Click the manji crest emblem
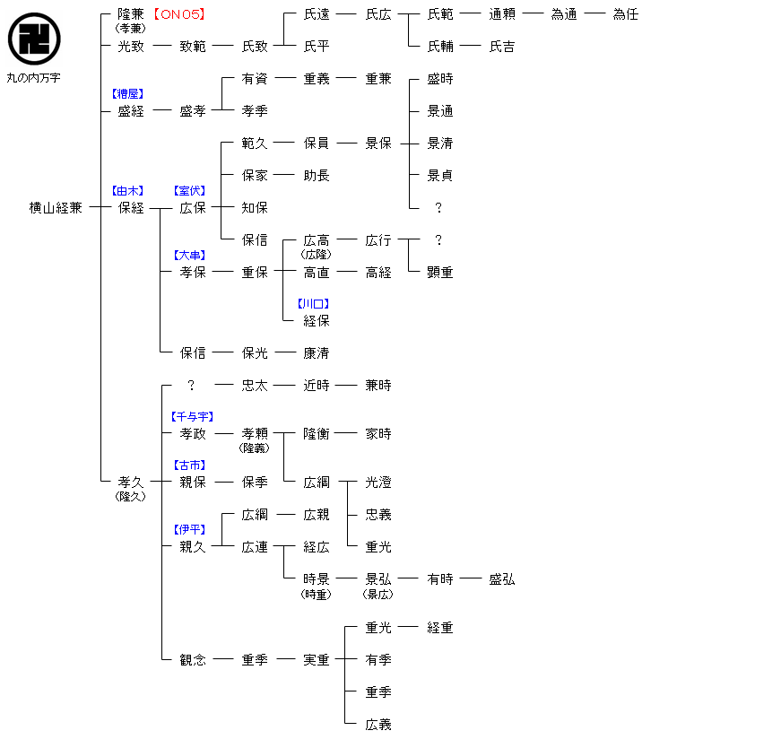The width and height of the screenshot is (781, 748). (34, 39)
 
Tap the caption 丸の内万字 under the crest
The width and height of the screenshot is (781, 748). (34, 79)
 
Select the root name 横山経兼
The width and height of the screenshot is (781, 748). (56, 208)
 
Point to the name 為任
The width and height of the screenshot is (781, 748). (625, 14)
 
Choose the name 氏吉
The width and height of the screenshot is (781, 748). (502, 47)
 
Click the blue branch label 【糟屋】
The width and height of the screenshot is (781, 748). (126, 93)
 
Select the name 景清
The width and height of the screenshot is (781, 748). (440, 144)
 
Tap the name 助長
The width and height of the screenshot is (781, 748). (317, 176)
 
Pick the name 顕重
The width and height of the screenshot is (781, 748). (440, 273)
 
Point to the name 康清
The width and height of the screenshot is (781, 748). (317, 353)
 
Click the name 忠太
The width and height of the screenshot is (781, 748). (255, 386)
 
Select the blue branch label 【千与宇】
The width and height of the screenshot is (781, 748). (192, 417)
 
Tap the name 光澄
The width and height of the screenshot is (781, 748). (378, 483)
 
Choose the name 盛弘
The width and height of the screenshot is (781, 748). (502, 579)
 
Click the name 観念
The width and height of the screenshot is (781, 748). (193, 660)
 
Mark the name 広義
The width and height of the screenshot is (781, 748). (378, 725)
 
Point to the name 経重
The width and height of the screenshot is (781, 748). (440, 628)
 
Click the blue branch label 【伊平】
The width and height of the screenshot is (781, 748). (189, 530)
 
